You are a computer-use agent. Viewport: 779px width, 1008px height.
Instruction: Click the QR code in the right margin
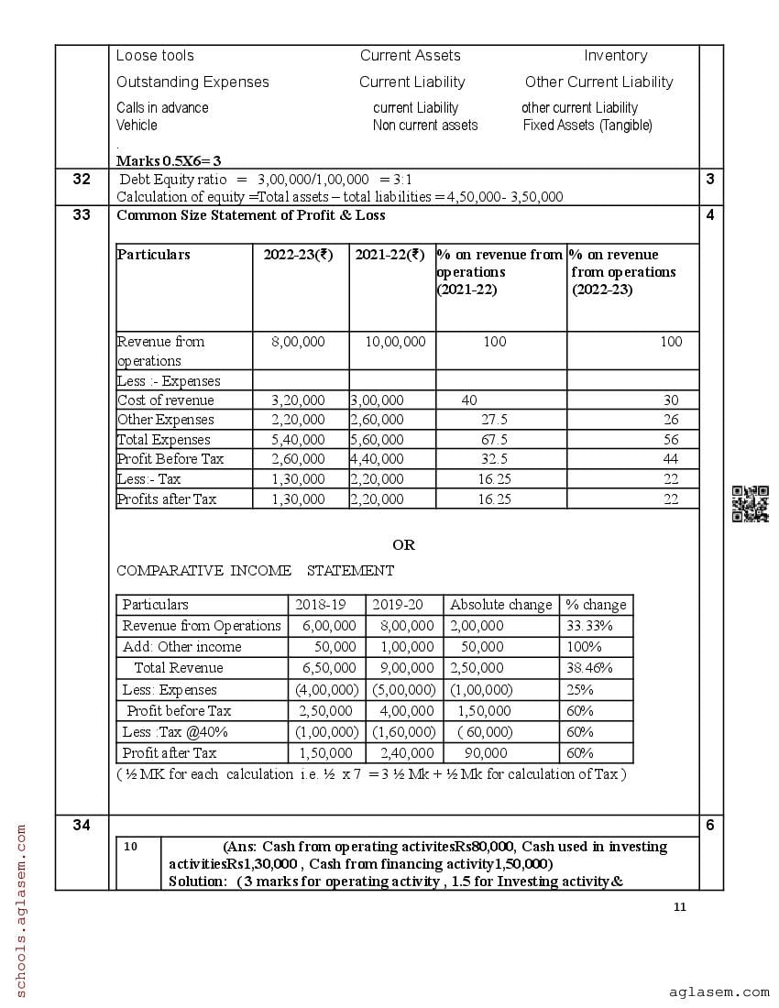coord(750,504)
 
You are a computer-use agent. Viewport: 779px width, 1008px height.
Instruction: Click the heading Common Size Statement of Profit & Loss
coord(251,215)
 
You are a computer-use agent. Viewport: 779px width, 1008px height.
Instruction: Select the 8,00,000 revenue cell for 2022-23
coord(298,342)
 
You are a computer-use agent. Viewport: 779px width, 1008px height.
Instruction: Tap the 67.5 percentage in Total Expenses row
coord(494,439)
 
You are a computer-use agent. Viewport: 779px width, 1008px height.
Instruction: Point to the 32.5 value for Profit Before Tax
coord(494,458)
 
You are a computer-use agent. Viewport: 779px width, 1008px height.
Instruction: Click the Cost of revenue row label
coord(165,400)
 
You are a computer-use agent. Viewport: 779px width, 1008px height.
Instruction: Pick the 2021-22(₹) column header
coord(389,255)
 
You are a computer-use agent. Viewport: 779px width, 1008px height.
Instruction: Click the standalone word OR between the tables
coord(403,545)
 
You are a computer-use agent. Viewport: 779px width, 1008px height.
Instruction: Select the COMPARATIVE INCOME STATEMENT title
coord(255,571)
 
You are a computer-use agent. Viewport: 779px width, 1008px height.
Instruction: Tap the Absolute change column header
coord(500,605)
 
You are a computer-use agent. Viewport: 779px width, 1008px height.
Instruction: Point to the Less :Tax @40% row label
coord(175,732)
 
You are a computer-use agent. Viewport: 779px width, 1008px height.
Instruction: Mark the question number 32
coord(82,180)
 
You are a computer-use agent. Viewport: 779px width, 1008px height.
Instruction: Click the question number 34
coord(82,826)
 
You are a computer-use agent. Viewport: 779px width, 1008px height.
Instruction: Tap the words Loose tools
coord(155,56)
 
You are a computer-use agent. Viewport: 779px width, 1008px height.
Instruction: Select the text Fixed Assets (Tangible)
coord(587,126)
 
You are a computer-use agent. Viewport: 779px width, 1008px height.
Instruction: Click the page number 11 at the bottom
coord(679,907)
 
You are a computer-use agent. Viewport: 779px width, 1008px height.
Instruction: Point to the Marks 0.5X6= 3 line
coord(169,160)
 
